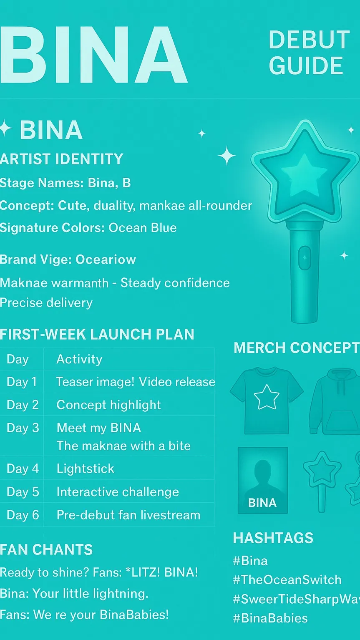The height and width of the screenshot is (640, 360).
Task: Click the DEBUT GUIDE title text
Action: [309, 53]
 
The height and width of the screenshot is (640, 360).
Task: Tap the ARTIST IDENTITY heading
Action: [61, 159]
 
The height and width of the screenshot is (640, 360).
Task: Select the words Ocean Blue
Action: [143, 228]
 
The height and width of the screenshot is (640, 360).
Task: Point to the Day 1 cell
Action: [22, 382]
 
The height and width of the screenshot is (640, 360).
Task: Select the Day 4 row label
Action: [23, 469]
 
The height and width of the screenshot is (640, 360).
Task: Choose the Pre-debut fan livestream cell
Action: [128, 515]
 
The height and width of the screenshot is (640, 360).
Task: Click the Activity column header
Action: [79, 360]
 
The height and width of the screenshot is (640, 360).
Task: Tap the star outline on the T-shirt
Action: [267, 397]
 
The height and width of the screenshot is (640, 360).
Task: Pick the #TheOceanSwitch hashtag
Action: [287, 580]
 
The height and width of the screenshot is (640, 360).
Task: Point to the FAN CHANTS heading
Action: [46, 549]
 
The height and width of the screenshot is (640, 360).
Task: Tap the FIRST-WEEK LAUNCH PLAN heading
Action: [97, 334]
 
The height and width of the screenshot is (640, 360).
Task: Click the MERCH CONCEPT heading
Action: [297, 348]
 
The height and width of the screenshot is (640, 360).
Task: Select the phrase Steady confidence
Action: [175, 283]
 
